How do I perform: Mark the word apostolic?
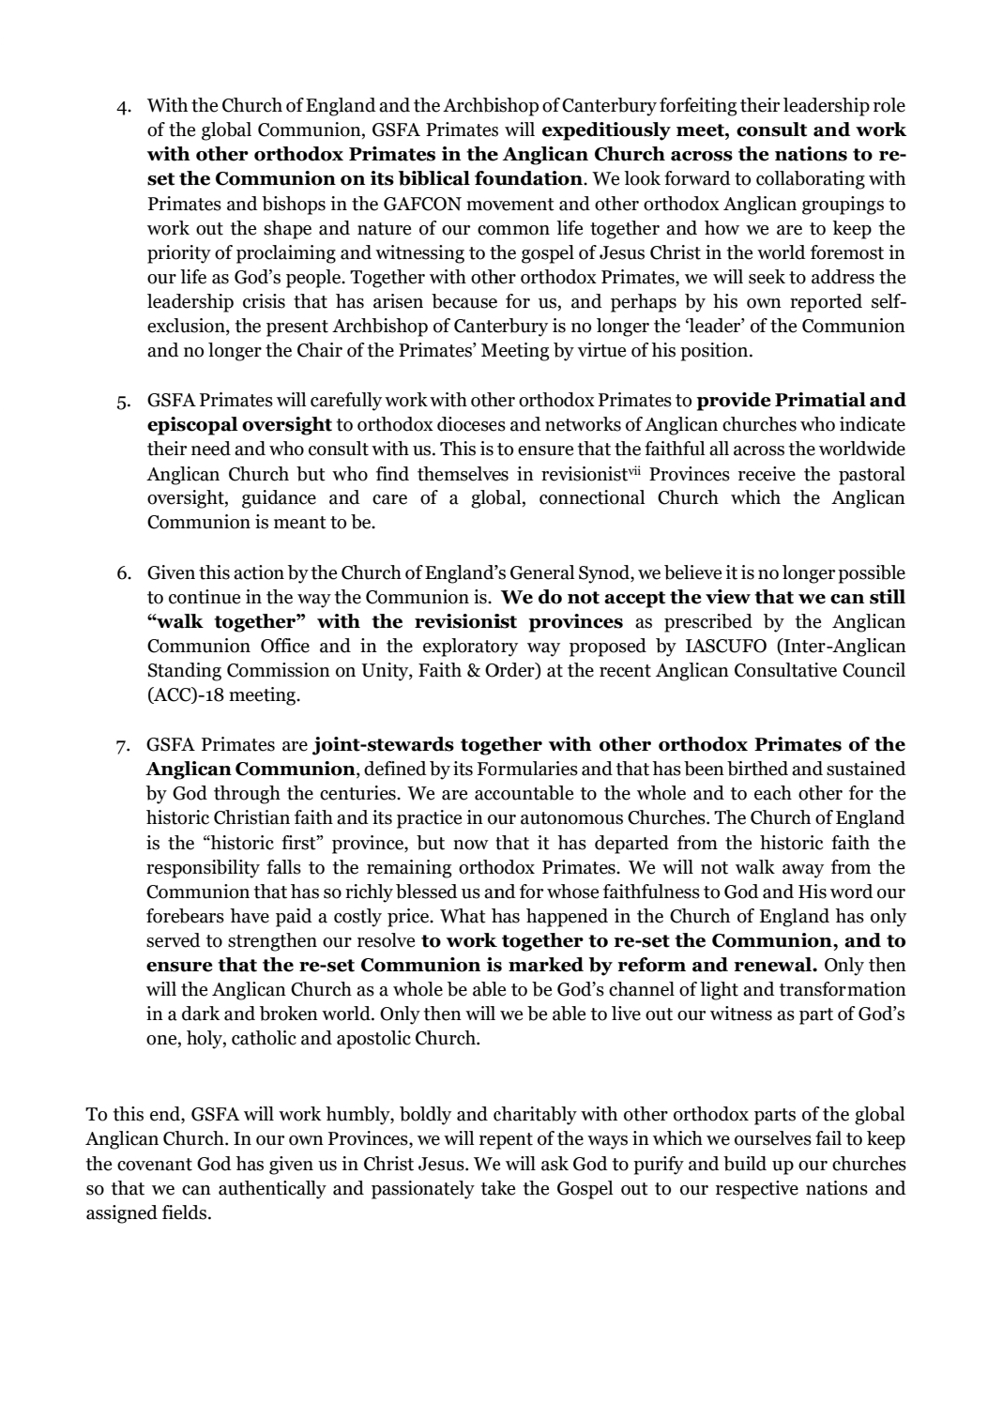pyautogui.click(x=375, y=1039)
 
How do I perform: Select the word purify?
pyautogui.click(x=660, y=1165)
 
